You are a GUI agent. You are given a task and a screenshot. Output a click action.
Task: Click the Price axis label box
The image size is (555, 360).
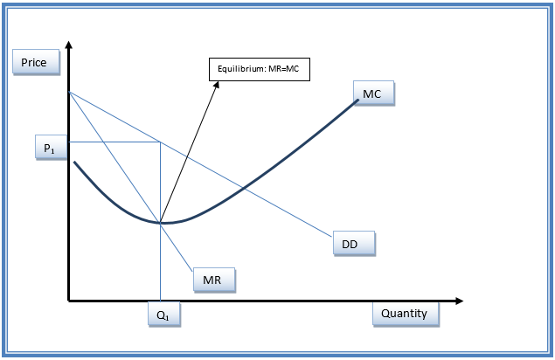36,62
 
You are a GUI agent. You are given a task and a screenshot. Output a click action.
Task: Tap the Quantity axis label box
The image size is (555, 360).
406,314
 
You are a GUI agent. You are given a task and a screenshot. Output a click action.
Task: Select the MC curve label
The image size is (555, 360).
373,93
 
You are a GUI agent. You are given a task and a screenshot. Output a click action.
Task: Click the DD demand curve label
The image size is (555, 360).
354,244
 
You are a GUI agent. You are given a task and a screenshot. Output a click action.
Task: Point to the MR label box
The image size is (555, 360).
214,280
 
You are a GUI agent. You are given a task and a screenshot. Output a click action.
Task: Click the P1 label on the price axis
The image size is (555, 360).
51,148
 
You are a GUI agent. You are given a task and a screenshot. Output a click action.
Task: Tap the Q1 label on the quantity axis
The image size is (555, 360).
164,315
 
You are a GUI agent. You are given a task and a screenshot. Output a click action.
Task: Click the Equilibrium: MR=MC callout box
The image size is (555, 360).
260,69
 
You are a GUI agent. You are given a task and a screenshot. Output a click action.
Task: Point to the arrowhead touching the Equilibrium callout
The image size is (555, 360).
216,85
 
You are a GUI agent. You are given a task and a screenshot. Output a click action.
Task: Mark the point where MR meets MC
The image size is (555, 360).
160,223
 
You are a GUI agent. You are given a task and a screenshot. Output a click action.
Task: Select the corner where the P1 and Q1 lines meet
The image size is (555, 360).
160,142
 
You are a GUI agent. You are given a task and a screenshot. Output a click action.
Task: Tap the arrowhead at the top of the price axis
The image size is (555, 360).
69,45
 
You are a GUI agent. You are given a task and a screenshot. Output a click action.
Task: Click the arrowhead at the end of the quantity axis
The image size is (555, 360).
460,301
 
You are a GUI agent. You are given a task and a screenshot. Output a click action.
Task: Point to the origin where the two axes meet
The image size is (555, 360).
69,301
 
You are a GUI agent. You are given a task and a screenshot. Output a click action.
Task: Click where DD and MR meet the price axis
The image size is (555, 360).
69,92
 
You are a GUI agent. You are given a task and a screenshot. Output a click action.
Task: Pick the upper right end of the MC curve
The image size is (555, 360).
357,100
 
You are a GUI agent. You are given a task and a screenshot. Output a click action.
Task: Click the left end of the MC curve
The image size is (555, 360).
74,163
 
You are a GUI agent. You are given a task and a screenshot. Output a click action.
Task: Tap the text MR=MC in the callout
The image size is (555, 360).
283,69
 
